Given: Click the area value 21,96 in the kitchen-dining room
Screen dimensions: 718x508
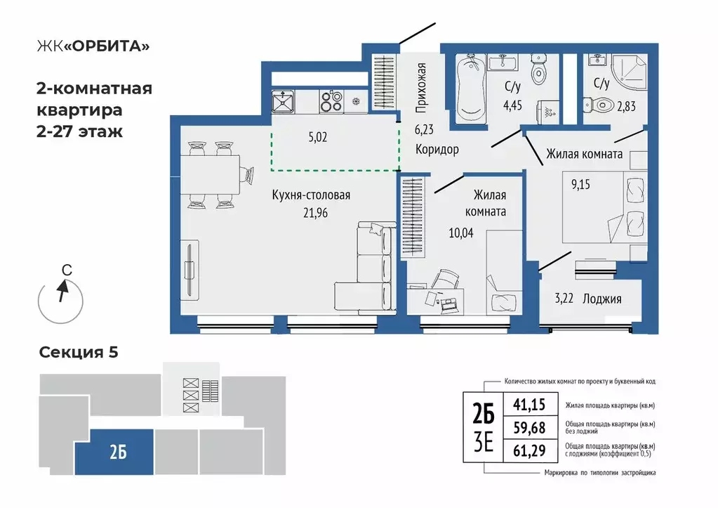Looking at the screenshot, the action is click(x=316, y=213).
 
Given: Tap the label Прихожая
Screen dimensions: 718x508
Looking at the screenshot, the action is click(x=421, y=88).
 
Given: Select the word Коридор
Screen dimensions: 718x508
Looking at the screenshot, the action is click(x=437, y=150).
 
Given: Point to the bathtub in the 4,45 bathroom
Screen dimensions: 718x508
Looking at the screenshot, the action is click(x=471, y=89).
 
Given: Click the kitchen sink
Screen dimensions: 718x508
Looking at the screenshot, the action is click(x=283, y=101).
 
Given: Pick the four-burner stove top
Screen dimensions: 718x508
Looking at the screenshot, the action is click(x=331, y=101).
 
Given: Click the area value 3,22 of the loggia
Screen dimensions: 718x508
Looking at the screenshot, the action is click(x=564, y=299).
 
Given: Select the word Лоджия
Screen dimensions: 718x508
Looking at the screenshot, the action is click(x=602, y=299).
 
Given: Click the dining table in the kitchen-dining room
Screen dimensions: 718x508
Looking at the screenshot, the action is click(x=210, y=175).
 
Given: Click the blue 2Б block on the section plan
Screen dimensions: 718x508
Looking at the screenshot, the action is click(x=114, y=452).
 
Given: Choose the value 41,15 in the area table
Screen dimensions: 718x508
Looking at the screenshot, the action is click(x=529, y=405).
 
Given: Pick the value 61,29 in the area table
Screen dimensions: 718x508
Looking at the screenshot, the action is click(x=529, y=450).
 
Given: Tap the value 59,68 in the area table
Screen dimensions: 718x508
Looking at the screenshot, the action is click(x=529, y=428).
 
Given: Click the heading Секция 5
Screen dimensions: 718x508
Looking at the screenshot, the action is click(x=79, y=352).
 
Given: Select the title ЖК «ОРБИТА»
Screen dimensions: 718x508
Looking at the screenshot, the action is click(x=93, y=46).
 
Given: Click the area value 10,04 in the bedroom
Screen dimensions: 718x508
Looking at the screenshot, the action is click(x=461, y=233).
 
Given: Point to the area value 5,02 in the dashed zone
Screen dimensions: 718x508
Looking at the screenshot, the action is click(x=318, y=137).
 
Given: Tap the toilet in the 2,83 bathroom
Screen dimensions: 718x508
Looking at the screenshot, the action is click(x=599, y=105).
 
